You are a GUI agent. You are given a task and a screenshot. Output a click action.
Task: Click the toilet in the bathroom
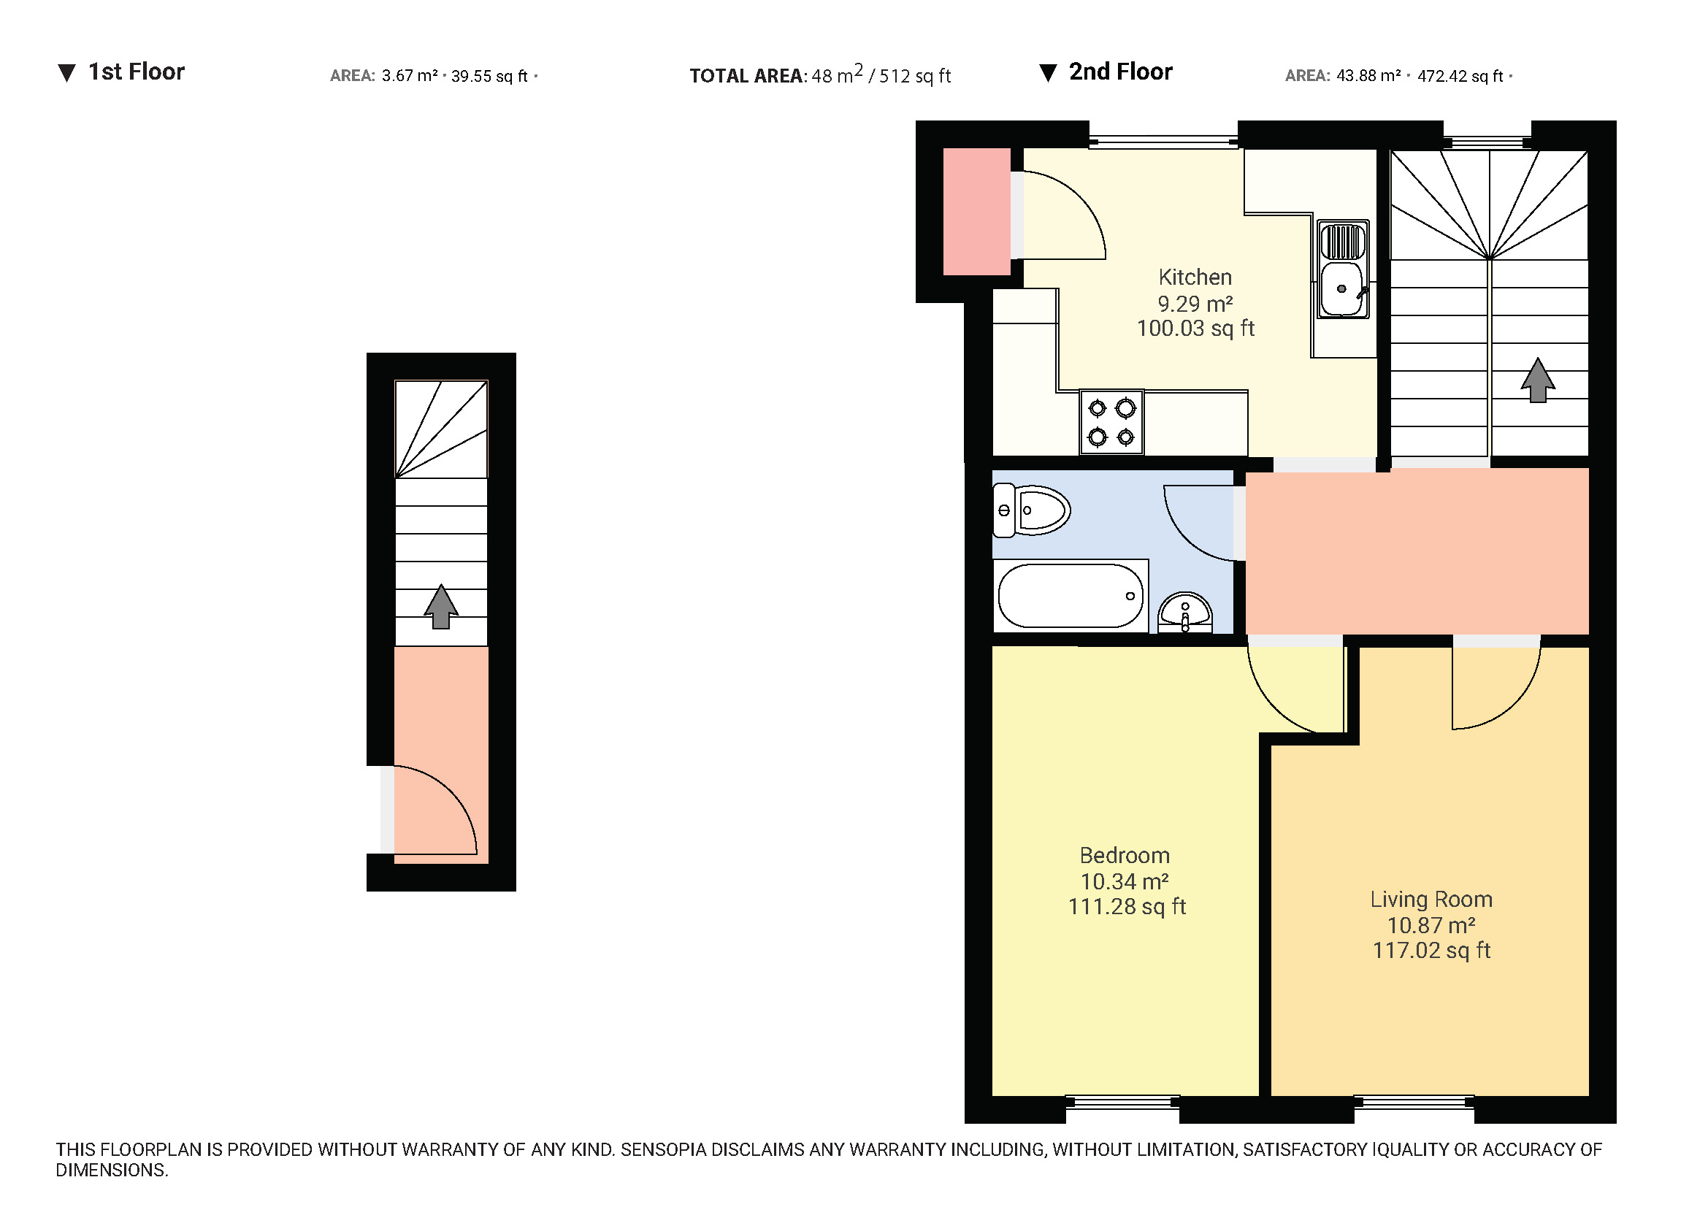[1031, 510]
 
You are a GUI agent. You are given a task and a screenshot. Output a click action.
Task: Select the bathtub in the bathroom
[1071, 596]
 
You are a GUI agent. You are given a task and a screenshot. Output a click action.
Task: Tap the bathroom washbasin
[1185, 612]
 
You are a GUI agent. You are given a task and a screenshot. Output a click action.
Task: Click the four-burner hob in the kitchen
[1111, 421]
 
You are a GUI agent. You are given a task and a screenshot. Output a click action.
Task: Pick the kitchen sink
[1343, 269]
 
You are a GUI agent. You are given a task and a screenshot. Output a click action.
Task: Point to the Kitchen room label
[1195, 277]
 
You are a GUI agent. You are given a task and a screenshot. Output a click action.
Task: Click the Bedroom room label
[1125, 855]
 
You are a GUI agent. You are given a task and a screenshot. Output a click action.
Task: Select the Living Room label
[1431, 899]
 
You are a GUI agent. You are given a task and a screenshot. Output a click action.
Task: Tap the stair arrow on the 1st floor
[441, 606]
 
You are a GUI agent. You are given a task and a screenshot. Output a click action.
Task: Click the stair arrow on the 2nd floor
[1538, 380]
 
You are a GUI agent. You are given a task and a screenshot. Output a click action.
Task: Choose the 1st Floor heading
[136, 72]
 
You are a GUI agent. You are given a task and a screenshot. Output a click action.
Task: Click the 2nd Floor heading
[1120, 72]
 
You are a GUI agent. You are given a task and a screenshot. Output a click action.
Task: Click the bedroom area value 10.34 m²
[1125, 881]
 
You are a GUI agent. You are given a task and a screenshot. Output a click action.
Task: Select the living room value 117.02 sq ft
[1431, 951]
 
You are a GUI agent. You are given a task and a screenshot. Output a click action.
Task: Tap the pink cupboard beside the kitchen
[977, 211]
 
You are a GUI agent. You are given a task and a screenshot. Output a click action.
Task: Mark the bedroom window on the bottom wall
[1122, 1102]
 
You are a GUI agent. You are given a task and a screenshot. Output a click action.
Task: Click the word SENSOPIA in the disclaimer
[664, 1150]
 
